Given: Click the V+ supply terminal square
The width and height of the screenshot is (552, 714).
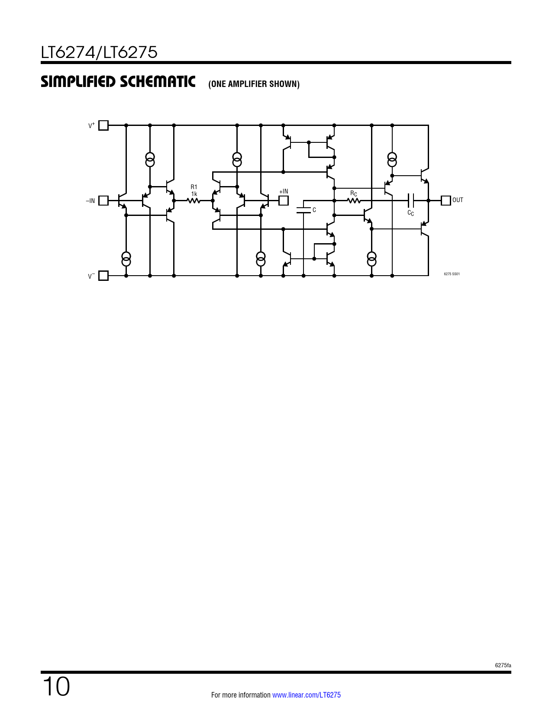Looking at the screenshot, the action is pyautogui.click(x=103, y=125).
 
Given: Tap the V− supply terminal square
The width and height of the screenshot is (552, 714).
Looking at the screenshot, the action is pyautogui.click(x=103, y=275).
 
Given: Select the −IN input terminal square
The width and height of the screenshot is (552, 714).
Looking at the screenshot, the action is pyautogui.click(x=103, y=200).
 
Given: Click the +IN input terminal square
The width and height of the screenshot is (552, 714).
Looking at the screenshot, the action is pyautogui.click(x=284, y=200).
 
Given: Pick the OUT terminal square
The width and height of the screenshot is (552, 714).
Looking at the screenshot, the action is pyautogui.click(x=445, y=200).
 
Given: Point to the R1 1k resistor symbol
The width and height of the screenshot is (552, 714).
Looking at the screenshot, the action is pyautogui.click(x=194, y=200).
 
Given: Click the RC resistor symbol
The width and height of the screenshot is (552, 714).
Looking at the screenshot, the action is pyautogui.click(x=354, y=200).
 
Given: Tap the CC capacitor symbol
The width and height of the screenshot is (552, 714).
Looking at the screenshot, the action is pyautogui.click(x=410, y=200).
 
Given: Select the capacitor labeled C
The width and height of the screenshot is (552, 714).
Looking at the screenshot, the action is pyautogui.click(x=303, y=210).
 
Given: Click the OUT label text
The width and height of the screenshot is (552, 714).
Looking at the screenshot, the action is pyautogui.click(x=458, y=200).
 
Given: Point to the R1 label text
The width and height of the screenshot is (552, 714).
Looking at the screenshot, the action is pyautogui.click(x=194, y=187).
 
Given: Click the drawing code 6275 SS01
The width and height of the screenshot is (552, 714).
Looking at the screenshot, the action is pyautogui.click(x=452, y=274).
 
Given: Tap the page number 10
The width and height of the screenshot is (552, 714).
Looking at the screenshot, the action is pyautogui.click(x=56, y=686).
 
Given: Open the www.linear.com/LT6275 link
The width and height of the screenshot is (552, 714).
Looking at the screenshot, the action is pyautogui.click(x=307, y=695).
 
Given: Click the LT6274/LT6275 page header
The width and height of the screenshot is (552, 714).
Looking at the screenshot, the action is pyautogui.click(x=99, y=52).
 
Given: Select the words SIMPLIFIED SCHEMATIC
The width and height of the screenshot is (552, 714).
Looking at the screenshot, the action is pyautogui.click(x=118, y=81).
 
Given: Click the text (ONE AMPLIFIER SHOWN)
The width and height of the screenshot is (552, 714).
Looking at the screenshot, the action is pyautogui.click(x=254, y=84).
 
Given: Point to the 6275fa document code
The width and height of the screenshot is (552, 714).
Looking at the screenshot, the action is pyautogui.click(x=503, y=666).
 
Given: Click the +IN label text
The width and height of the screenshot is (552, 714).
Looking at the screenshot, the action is pyautogui.click(x=284, y=191).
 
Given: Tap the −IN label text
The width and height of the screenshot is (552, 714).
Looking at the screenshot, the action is pyautogui.click(x=90, y=201).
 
